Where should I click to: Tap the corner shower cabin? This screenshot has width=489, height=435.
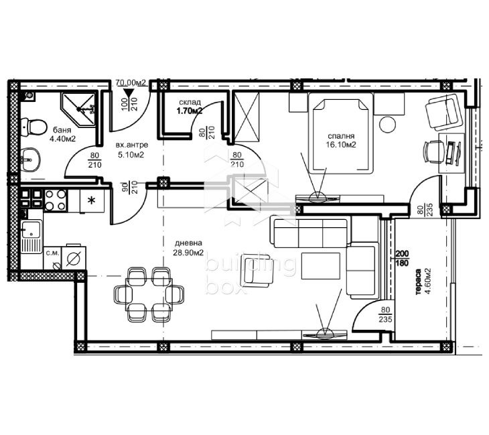pyautogui.click(x=78, y=109)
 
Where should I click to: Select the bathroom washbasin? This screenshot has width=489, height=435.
pyautogui.click(x=31, y=159)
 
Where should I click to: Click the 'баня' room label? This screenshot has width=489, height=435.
pyautogui.click(x=62, y=130)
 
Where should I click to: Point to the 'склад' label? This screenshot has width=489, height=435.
pyautogui.click(x=190, y=103)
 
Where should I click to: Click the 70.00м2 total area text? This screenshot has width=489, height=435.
pyautogui.click(x=131, y=82)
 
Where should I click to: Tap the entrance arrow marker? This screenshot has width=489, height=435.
pyautogui.click(x=129, y=92)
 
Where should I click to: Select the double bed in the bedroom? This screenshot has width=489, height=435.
pyautogui.click(x=341, y=133)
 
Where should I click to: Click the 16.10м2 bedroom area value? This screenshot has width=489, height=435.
pyautogui.click(x=341, y=145)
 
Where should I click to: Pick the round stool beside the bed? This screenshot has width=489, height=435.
pyautogui.click(x=388, y=124)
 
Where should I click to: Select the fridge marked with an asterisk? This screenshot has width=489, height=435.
pyautogui.click(x=92, y=201)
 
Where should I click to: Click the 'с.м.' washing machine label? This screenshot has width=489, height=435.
pyautogui.click(x=52, y=253)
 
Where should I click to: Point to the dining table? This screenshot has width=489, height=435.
pyautogui.click(x=149, y=294)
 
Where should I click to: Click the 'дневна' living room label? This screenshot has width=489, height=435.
pyautogui.click(x=188, y=243)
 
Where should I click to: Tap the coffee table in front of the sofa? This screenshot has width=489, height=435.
pyautogui.click(x=321, y=266)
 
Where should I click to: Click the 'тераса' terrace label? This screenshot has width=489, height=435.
pyautogui.click(x=419, y=282)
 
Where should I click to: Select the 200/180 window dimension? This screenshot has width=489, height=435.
pyautogui.click(x=402, y=259)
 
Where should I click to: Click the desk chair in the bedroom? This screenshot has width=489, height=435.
pyautogui.click(x=433, y=152)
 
